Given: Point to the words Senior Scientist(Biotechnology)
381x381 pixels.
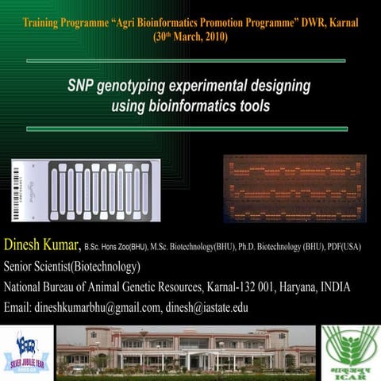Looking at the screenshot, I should [72, 266].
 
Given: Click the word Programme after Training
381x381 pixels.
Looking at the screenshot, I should [94, 21].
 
